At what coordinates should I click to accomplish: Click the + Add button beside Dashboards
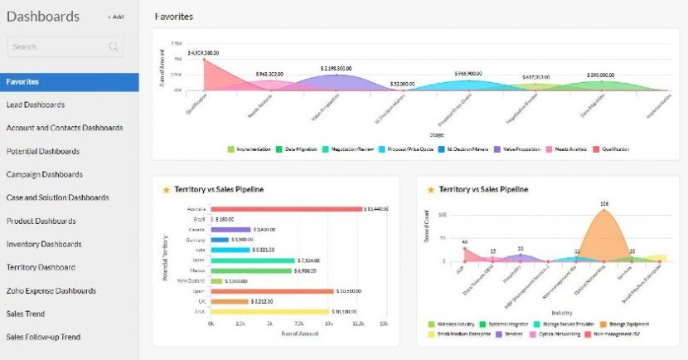click(115, 17)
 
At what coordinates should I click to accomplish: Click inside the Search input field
click(62, 47)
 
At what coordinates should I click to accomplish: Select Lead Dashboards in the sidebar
click(36, 105)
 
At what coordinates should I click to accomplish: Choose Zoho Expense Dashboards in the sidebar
click(51, 290)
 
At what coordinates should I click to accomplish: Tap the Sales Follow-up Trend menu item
click(43, 337)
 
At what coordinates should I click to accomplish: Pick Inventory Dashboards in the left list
click(44, 244)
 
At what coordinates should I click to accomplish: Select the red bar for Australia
click(286, 209)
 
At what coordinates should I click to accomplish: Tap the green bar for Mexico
click(252, 270)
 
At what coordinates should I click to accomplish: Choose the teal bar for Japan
click(253, 260)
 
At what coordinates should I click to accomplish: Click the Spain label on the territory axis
click(200, 291)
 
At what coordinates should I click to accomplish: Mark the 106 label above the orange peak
click(604, 203)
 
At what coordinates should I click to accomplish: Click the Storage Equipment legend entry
click(628, 324)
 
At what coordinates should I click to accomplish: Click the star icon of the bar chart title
click(166, 189)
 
